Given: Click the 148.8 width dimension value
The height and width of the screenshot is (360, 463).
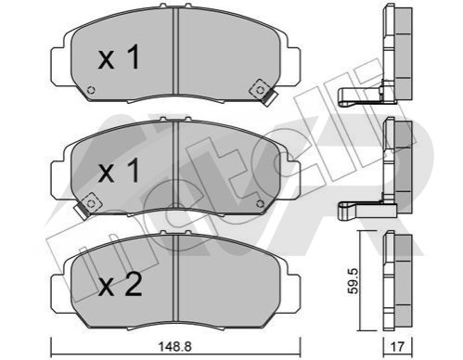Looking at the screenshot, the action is click(175, 346).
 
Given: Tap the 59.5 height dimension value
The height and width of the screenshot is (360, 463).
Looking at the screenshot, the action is click(353, 281).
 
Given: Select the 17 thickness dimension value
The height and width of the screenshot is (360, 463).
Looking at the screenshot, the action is click(397, 347).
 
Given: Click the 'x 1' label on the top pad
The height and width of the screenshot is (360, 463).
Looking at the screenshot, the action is click(119, 58).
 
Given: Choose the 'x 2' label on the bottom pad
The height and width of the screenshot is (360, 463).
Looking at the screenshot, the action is click(120, 284).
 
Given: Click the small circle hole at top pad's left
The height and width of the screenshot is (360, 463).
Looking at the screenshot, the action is click(91, 90).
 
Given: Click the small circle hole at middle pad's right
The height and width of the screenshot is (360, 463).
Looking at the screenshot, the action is click(260, 204).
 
